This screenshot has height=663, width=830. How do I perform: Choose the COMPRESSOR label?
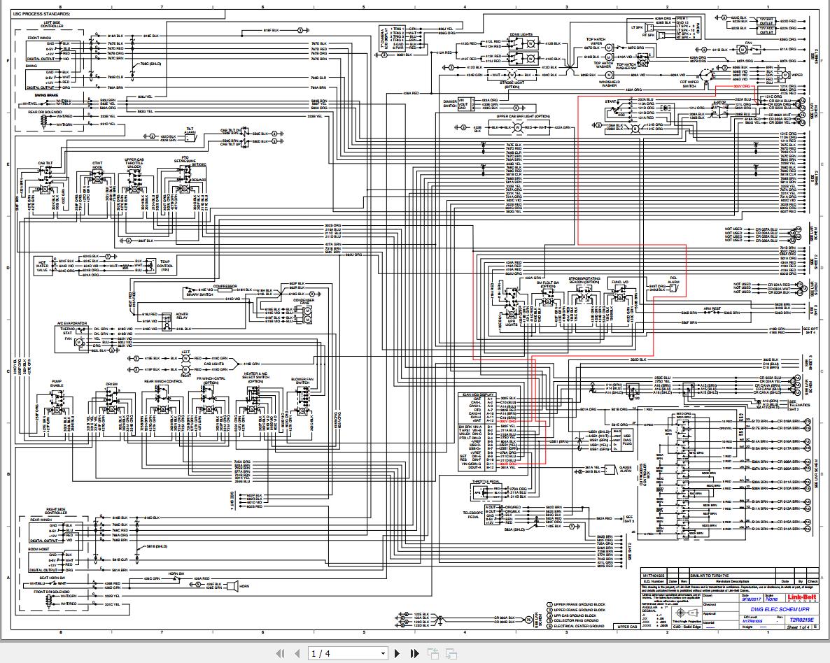pyautogui.click(x=225, y=286)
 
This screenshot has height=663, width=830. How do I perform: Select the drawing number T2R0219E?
pyautogui.click(x=796, y=619)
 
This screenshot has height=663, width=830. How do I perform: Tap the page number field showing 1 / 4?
pyautogui.click(x=348, y=653)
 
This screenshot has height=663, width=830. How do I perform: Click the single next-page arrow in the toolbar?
pyautogui.click(x=398, y=653)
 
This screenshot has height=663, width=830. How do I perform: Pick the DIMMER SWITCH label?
pyautogui.click(x=449, y=103)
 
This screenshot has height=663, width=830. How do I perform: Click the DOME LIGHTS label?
pyautogui.click(x=519, y=34)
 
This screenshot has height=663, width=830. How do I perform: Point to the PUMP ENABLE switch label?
pyautogui.click(x=57, y=384)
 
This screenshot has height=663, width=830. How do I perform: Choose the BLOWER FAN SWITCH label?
pyautogui.click(x=302, y=381)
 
